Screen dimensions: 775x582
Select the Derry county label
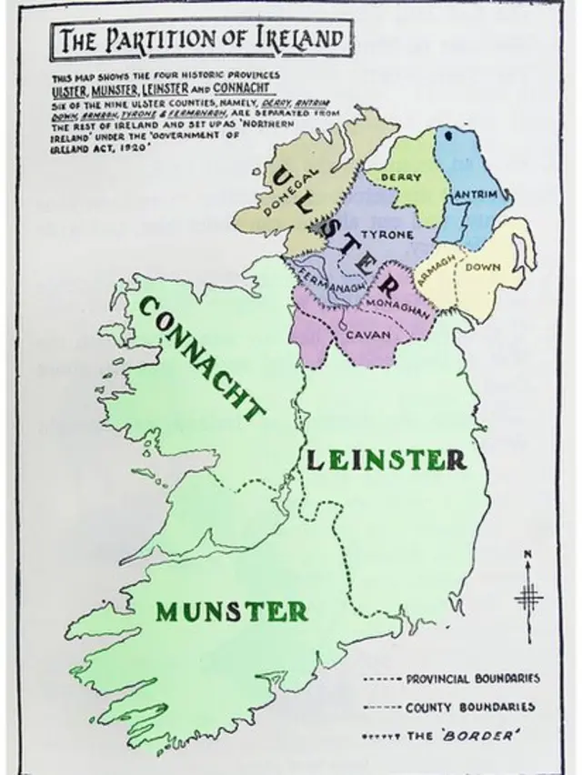pos(400,176)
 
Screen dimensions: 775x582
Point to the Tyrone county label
pos(388,235)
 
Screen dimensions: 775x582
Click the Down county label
pos(483,267)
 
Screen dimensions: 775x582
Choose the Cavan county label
pos(369,334)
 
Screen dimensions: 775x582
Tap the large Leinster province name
pos(386,459)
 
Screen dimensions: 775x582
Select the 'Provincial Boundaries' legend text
pos(472,679)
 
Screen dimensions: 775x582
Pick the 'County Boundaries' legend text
pos(470,707)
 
